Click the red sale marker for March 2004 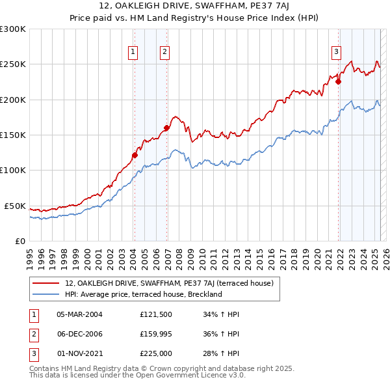point(135,155)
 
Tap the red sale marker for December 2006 point(166,128)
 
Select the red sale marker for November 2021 point(338,82)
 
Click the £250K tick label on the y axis point(13,64)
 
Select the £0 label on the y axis point(19,241)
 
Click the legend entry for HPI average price point(143,294)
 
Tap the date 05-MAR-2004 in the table point(79,314)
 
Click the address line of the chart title point(194,7)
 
